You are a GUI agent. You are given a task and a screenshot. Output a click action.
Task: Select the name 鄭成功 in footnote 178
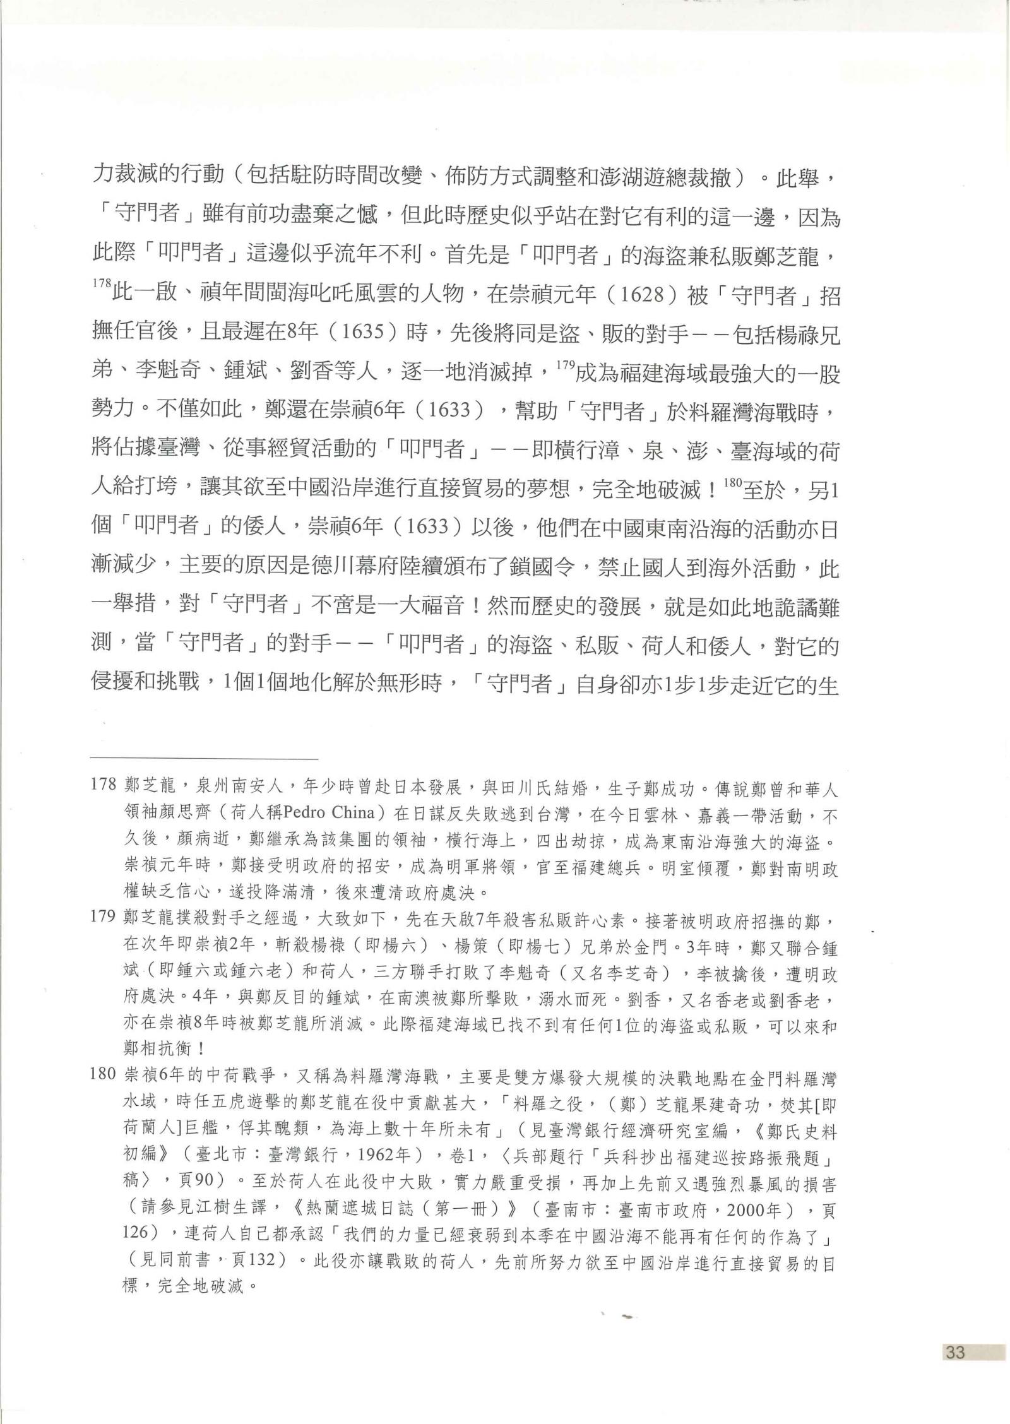coord(679,790)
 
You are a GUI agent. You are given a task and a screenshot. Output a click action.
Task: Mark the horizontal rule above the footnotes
coord(205,758)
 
